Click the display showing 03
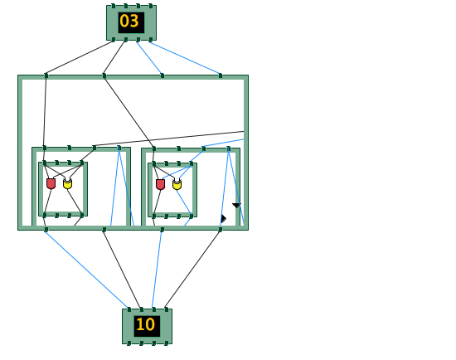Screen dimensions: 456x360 (132, 22)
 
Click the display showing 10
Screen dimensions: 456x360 (147, 326)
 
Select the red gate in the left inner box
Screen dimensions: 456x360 (51, 183)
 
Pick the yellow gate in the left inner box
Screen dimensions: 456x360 (67, 183)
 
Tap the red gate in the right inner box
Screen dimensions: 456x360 (160, 184)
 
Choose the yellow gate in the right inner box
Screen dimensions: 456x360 (177, 184)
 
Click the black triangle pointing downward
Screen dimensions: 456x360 (237, 206)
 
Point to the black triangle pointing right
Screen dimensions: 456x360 (223, 219)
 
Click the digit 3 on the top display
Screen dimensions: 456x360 (134, 22)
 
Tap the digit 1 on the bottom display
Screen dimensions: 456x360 (139, 324)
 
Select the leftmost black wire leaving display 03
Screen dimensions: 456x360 (80, 57)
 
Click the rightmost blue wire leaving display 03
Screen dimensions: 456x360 (185, 57)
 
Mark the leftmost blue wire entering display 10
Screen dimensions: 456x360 (87, 270)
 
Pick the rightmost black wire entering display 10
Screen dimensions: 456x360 (193, 270)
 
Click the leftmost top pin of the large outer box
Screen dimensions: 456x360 (46, 75)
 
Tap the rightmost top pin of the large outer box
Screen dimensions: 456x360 (221, 75)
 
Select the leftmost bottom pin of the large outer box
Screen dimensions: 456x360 (46, 230)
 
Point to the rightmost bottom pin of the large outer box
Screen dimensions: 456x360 (221, 230)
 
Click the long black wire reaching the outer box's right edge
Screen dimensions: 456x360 (169, 139)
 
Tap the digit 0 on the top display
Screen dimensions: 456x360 (124, 22)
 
